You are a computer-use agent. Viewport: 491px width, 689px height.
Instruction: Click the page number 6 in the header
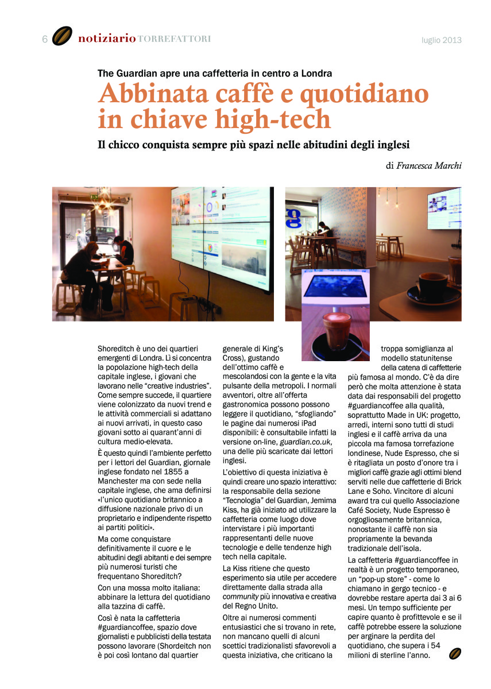(44, 39)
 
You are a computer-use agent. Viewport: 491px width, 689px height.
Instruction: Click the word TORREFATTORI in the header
(175, 39)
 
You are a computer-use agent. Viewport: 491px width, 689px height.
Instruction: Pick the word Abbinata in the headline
(148, 94)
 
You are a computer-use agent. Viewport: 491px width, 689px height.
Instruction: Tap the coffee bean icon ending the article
(455, 654)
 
